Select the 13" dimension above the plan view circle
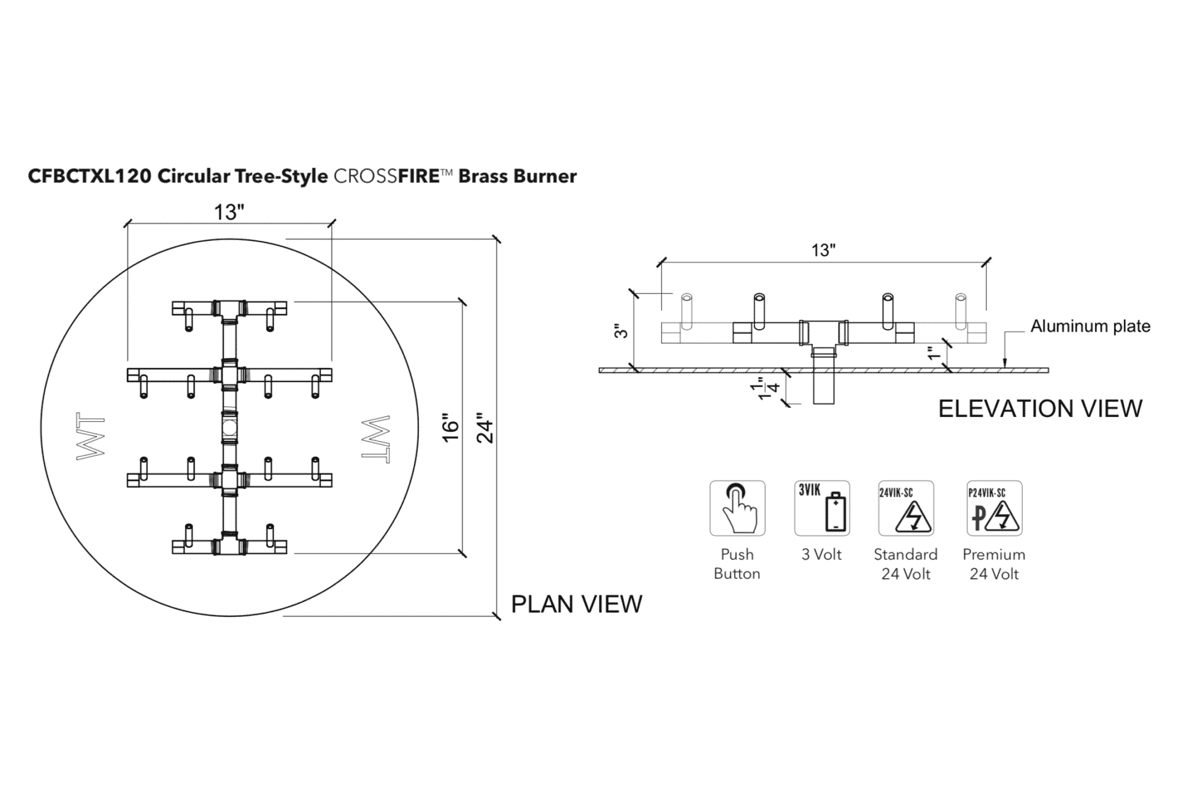229,212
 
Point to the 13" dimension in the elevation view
823,250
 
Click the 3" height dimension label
622,331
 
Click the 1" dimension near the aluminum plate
933,353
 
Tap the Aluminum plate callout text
1090,326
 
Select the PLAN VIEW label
577,604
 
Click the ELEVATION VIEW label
1041,408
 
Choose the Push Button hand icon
737,508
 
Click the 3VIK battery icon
822,508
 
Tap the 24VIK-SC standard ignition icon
906,508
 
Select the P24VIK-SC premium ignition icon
995,508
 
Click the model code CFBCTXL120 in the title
90,177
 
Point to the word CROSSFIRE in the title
387,177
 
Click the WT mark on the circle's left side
90,438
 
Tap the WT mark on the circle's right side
376,439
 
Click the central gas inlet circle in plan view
229,427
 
